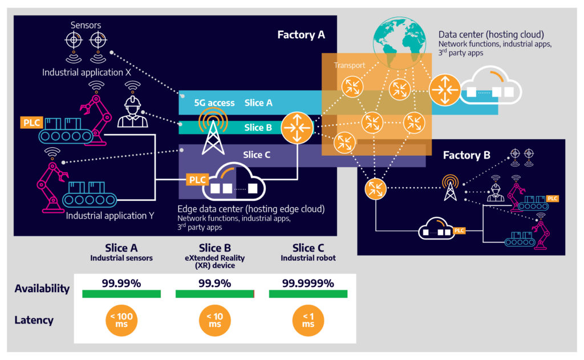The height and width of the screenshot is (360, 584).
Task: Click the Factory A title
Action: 301,35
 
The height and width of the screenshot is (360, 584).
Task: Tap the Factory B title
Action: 467,155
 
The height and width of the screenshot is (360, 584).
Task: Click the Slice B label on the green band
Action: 258,127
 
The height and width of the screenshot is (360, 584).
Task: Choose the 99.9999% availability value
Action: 309,283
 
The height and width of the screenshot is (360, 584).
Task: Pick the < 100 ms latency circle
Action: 121,320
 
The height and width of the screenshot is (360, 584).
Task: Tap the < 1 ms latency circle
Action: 308,320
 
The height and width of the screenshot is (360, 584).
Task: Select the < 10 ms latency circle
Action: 214,320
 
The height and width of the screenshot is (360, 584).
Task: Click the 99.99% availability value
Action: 121,283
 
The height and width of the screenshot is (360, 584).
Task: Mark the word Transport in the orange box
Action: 350,65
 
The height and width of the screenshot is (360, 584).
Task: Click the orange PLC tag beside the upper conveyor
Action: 32,122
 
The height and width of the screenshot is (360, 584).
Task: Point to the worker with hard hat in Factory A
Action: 132,112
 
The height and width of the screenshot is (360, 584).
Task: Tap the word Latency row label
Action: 34,320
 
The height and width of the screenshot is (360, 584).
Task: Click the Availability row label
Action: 42,288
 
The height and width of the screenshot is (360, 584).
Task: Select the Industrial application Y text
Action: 106,216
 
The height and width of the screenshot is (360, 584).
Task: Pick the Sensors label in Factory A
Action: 85,25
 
